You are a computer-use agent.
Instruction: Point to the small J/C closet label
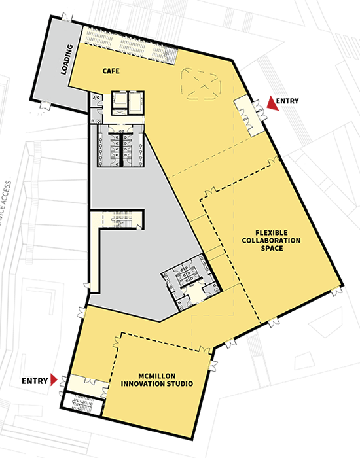pyautogui.click(x=96, y=99)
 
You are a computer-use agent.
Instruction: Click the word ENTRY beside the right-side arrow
pyautogui.click(x=287, y=102)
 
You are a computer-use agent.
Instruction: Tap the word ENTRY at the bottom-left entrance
pyautogui.click(x=35, y=380)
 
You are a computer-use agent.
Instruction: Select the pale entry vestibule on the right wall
pyautogui.click(x=249, y=114)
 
